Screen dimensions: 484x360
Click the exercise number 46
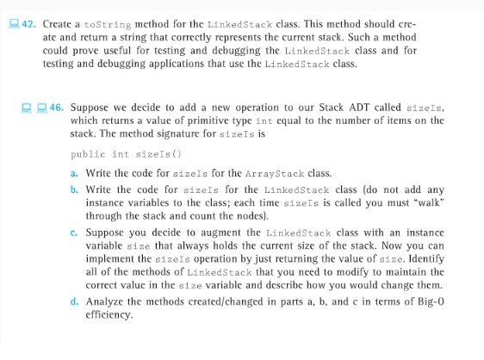(55, 108)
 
